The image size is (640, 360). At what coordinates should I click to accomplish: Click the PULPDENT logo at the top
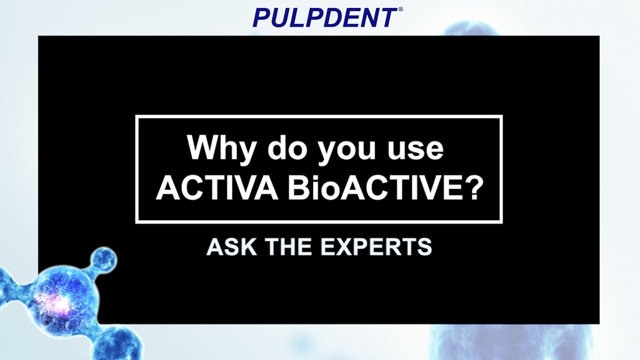click(x=325, y=17)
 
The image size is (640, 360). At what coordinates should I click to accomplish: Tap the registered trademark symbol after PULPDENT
click(x=400, y=9)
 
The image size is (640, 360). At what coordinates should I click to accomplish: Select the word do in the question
click(x=283, y=148)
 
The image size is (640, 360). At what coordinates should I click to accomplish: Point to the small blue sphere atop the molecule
click(x=104, y=259)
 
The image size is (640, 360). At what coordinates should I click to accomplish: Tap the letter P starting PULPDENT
click(x=261, y=17)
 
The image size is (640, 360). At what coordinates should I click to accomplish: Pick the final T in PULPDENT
click(x=387, y=17)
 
